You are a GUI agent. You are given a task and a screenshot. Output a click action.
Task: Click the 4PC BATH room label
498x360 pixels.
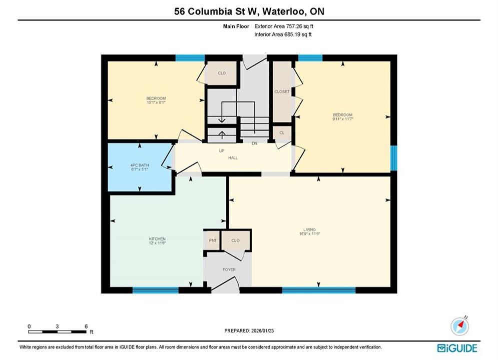click(x=140, y=165)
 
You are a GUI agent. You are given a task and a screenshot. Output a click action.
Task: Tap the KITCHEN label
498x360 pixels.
click(x=157, y=239)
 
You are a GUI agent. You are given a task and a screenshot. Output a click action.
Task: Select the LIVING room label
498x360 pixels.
click(x=309, y=229)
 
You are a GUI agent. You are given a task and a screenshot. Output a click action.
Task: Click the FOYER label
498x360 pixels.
click(x=229, y=269)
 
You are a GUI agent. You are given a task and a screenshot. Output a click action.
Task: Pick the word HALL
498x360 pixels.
click(x=233, y=157)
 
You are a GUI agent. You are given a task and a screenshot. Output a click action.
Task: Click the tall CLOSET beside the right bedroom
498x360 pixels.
click(x=282, y=91)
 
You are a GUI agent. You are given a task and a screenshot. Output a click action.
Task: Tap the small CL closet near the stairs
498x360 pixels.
click(x=282, y=133)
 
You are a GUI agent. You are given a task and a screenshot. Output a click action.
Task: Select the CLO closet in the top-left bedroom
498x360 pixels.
click(x=222, y=73)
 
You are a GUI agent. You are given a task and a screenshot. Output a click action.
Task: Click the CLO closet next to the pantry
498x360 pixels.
click(x=235, y=240)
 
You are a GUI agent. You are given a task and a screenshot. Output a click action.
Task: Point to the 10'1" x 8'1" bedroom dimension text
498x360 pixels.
click(x=156, y=103)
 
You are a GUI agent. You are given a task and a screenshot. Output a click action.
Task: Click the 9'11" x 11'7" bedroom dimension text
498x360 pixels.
click(x=343, y=119)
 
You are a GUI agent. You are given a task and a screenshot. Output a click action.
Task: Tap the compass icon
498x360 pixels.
click(x=459, y=326)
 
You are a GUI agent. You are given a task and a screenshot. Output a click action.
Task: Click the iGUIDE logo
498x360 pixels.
click(x=457, y=348)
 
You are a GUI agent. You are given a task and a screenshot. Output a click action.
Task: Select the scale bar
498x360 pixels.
click(x=57, y=332)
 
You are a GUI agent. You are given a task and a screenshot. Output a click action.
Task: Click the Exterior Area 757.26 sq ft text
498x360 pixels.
click(x=284, y=26)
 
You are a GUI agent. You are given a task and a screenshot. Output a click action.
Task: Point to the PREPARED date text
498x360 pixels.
click(x=249, y=331)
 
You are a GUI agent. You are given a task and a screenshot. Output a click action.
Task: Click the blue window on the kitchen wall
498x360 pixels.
click(x=155, y=289)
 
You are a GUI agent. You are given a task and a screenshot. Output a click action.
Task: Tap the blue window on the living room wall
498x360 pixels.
click(x=318, y=289)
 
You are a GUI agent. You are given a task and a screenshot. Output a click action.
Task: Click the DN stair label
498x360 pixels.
click(x=254, y=143)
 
